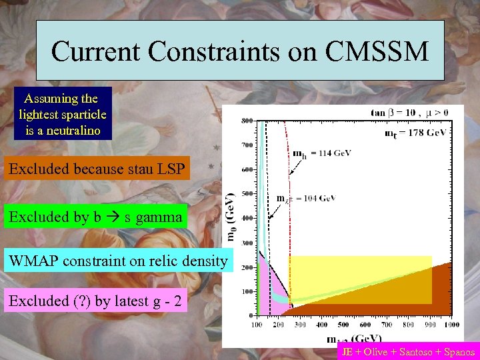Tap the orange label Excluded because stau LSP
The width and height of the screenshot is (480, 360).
97,169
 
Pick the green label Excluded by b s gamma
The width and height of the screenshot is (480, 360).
95,217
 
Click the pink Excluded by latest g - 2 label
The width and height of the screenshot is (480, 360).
95,301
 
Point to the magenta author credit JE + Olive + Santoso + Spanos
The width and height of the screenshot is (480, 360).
408,352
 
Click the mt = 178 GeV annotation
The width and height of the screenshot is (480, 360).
415,133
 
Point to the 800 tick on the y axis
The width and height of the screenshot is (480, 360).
247,121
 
